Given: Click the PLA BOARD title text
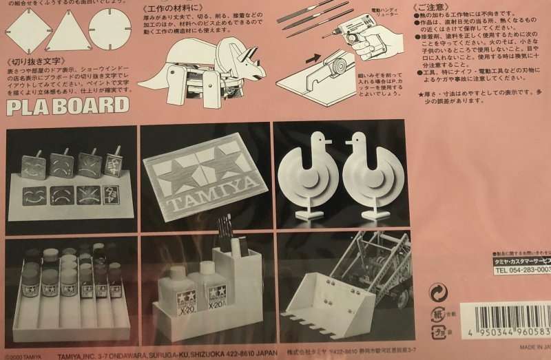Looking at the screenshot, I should tap(67, 106).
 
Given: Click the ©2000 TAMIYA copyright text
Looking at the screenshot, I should tap(22, 356).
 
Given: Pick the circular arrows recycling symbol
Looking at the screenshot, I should tap(438, 291).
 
